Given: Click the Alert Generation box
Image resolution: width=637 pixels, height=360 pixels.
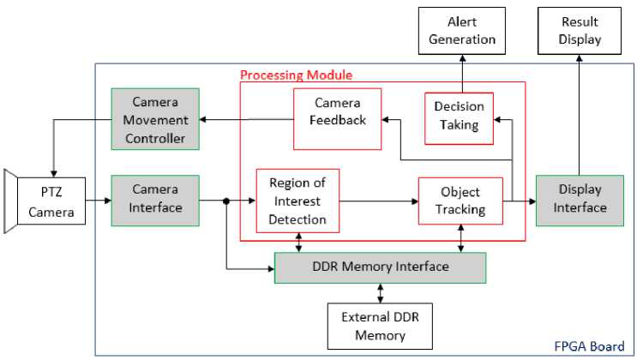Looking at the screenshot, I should point(460,31).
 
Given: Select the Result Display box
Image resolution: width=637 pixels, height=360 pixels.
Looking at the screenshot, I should point(580,31).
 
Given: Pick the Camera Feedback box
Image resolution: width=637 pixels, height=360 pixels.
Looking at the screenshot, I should point(337,118).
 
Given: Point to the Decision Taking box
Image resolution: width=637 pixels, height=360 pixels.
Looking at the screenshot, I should point(459,117).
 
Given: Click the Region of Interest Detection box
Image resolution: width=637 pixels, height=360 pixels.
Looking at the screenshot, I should point(297,201).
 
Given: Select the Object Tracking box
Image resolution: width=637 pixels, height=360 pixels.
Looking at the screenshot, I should point(460,201).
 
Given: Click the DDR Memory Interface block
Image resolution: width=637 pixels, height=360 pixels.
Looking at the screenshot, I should point(380,267).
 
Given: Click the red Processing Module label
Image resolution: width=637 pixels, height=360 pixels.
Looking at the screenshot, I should point(296,75).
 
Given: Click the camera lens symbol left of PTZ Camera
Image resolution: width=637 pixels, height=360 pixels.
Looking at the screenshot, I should point(10,201).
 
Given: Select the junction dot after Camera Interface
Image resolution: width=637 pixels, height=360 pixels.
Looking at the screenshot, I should point(226,201).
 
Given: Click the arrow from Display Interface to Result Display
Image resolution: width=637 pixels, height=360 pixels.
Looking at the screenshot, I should point(580,111).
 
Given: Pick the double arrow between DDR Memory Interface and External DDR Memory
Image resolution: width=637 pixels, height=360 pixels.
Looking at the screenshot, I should point(380,292).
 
